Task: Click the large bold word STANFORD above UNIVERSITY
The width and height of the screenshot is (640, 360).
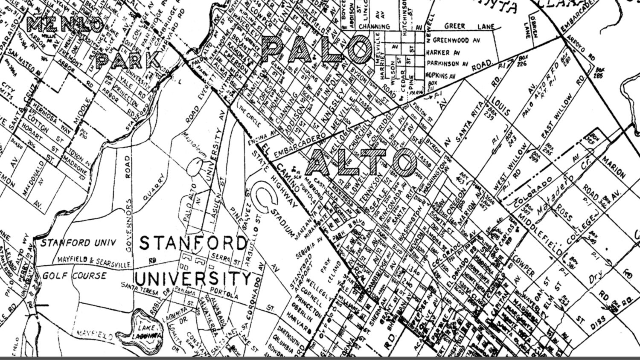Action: point(193,244)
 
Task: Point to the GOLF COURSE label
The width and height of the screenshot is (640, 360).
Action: point(74,276)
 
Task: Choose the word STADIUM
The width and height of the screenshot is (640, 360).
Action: point(283,222)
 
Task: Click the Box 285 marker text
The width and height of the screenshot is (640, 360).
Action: point(600,72)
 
